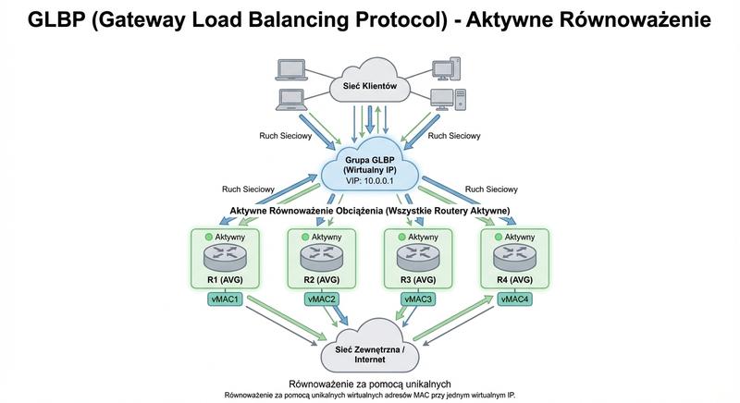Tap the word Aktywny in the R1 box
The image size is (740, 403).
pos(230,238)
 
